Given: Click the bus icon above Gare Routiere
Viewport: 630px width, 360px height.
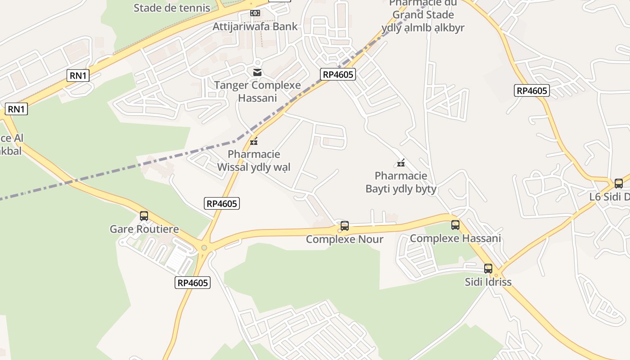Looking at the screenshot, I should pyautogui.click(x=144, y=216).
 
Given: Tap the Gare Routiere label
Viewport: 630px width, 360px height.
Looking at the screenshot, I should pyautogui.click(x=144, y=229).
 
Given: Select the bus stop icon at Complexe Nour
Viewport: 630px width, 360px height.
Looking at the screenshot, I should pyautogui.click(x=345, y=226).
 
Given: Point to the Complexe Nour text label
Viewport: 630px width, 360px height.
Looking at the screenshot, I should pyautogui.click(x=345, y=239).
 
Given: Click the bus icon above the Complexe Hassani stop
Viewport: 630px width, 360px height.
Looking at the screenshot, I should pyautogui.click(x=455, y=225).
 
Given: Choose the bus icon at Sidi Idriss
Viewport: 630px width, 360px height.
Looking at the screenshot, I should pyautogui.click(x=488, y=269).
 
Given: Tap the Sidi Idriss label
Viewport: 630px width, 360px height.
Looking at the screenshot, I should pyautogui.click(x=488, y=282).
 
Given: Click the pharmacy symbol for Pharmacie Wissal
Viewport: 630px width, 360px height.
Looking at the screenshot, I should pyautogui.click(x=254, y=142).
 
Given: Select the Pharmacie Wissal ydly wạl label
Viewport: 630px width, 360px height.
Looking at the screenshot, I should pyautogui.click(x=254, y=161).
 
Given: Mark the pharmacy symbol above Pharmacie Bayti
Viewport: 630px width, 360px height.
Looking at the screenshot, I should pyautogui.click(x=401, y=163).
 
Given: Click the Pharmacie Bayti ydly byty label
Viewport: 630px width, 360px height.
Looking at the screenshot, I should pyautogui.click(x=401, y=182).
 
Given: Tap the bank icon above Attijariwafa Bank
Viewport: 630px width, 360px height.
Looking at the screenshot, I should pyautogui.click(x=255, y=13).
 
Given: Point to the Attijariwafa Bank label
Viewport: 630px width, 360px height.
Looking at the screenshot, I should pyautogui.click(x=255, y=26).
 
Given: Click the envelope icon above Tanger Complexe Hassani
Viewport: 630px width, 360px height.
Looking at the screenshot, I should pyautogui.click(x=257, y=72).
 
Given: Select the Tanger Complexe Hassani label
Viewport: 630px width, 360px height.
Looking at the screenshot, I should pyautogui.click(x=257, y=91).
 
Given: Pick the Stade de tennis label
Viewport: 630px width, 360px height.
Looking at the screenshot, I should pyautogui.click(x=172, y=8).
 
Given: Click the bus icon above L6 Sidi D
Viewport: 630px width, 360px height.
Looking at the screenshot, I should pyautogui.click(x=619, y=184).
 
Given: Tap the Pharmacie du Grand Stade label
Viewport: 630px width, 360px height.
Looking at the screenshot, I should pyautogui.click(x=423, y=15).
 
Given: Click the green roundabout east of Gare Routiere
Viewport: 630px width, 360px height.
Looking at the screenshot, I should pyautogui.click(x=204, y=247).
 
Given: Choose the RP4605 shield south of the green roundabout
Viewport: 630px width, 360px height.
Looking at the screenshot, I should pyautogui.click(x=193, y=283).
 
